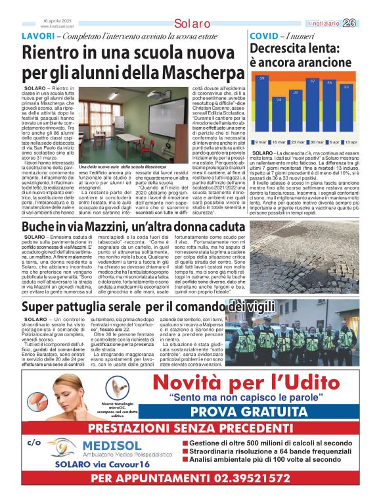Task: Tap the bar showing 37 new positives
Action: click(313, 108)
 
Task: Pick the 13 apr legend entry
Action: click(350, 142)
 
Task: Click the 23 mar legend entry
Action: click(297, 142)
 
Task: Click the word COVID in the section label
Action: click(265, 36)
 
